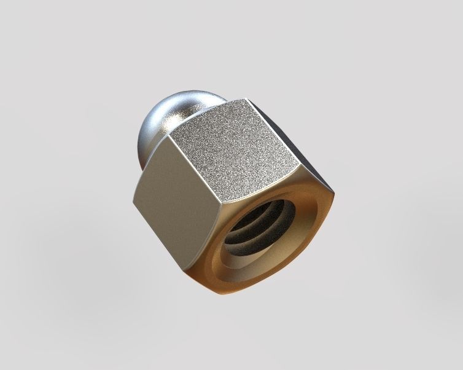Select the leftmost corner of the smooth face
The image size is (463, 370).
tap(133, 201)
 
